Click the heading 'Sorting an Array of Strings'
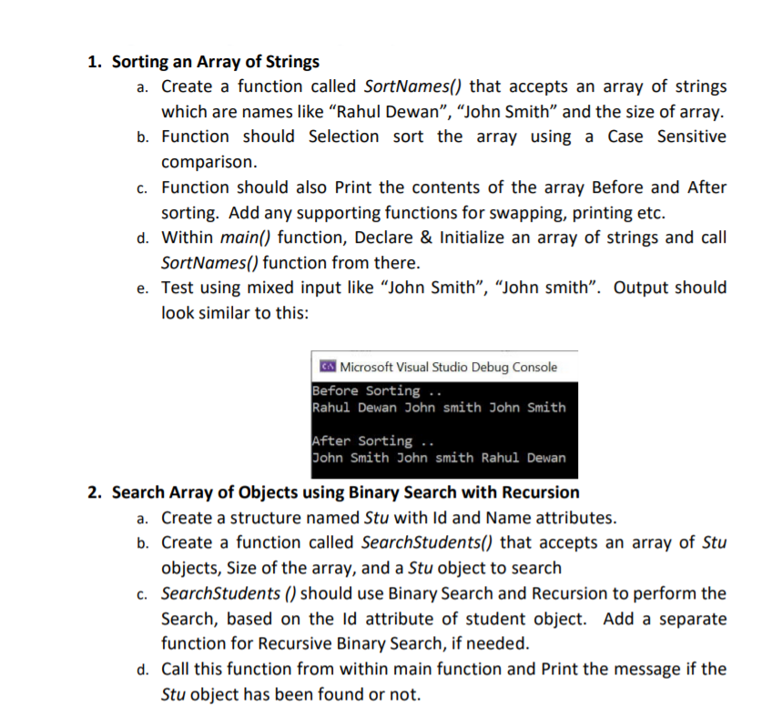click(x=216, y=62)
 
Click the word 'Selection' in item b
click(x=344, y=136)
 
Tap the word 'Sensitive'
click(x=692, y=136)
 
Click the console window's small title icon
click(x=327, y=367)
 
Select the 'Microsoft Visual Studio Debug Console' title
click(x=448, y=367)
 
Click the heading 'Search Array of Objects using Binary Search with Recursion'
click(x=346, y=492)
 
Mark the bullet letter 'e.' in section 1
click(x=143, y=288)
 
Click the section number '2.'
click(x=95, y=492)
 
